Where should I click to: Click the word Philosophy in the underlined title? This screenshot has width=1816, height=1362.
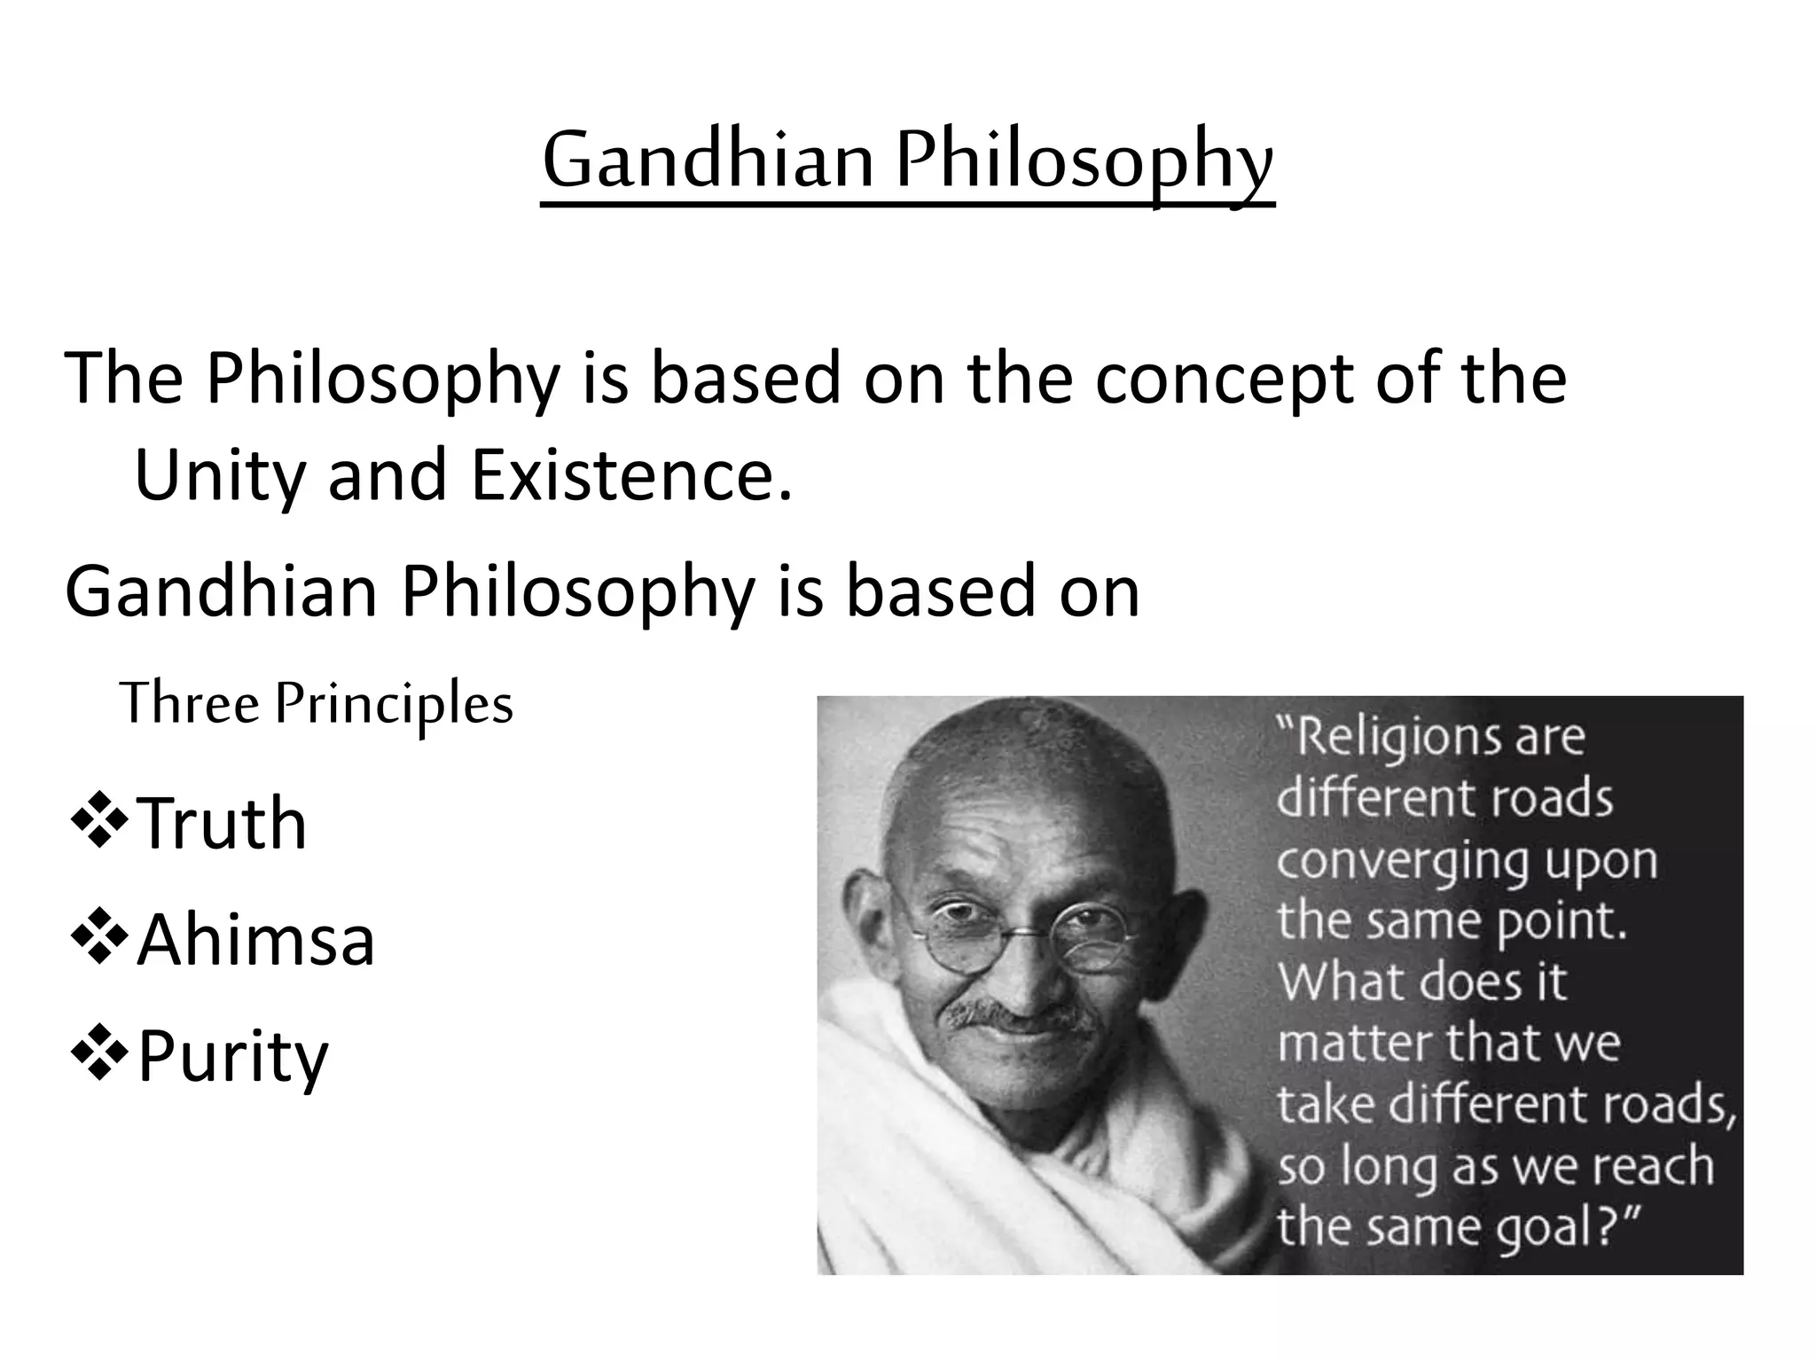click(x=1084, y=161)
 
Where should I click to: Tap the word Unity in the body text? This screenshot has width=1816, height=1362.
click(x=218, y=474)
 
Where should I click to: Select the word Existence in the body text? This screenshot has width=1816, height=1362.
click(x=630, y=474)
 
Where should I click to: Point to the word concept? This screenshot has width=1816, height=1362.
click(x=1224, y=378)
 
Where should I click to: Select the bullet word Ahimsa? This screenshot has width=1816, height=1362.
click(x=255, y=940)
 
